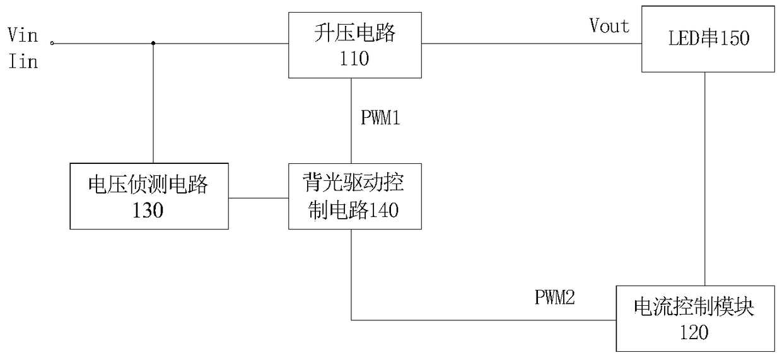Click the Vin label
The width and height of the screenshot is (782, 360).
[23, 35]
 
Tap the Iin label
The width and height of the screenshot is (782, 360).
[23, 61]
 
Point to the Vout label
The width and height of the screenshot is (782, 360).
[609, 25]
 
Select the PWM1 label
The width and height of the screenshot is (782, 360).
[380, 117]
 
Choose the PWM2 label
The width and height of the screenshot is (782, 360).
[555, 298]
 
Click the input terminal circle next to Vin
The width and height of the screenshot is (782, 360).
[52, 44]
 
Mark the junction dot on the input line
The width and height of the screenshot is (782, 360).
[153, 44]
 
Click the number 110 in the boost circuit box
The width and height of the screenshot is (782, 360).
[354, 59]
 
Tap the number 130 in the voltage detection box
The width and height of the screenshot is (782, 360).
[148, 210]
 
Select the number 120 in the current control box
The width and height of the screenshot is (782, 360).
[694, 332]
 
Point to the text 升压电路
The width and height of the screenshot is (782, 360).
[354, 33]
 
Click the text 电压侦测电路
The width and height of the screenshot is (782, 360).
[148, 184]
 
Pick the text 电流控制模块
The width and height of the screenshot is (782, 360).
[694, 307]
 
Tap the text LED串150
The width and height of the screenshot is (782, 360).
[709, 38]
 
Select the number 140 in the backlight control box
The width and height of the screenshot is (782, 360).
[383, 210]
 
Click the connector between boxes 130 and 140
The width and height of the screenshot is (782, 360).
[259, 198]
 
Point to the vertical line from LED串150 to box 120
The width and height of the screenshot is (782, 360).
[705, 179]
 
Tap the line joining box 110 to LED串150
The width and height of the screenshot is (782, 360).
[532, 44]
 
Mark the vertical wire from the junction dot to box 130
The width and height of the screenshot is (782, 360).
[153, 103]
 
